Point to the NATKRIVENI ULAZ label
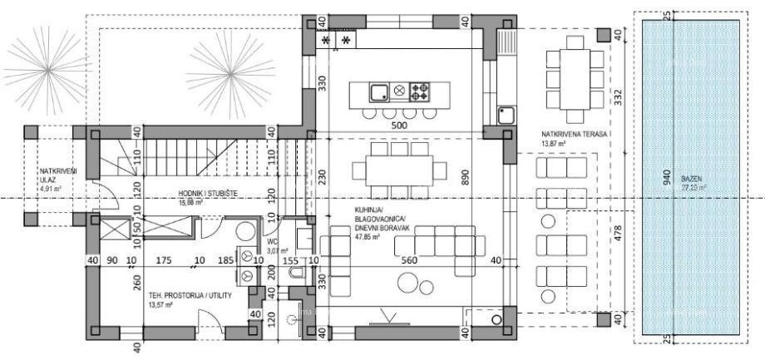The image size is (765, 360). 59,175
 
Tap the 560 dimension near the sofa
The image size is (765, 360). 409,260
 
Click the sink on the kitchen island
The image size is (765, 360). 377,91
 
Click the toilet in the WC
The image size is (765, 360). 245,230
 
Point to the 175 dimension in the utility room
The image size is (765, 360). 163,260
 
